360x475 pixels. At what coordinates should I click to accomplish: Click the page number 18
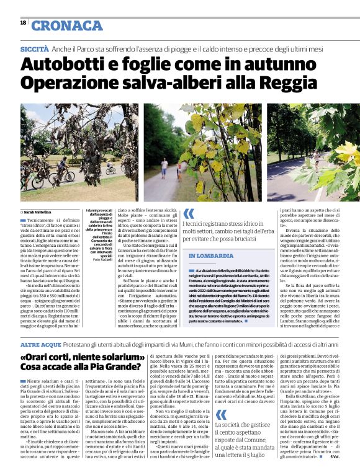click(x=23, y=23)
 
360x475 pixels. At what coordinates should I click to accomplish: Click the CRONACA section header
click(x=67, y=25)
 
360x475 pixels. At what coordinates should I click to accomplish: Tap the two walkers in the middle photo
click(x=170, y=166)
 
